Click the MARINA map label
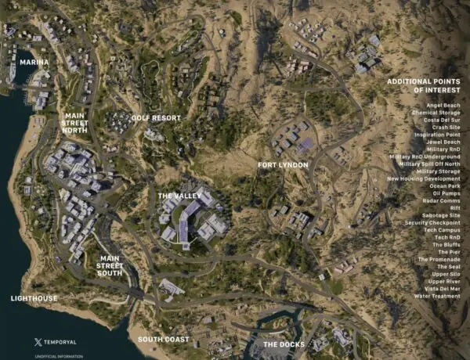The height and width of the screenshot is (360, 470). pos(34,62)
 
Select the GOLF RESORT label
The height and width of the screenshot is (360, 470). pos(156,118)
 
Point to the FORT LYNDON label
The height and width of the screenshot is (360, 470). pos(283,165)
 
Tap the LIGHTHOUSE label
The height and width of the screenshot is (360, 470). pos(34,298)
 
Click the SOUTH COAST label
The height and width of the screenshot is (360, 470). pos(163,340)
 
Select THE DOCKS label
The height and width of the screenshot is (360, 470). pos(282,344)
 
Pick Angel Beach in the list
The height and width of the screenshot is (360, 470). pos(443,104)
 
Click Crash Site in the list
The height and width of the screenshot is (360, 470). pos(446,127)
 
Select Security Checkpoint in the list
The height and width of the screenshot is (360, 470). pos(431,223)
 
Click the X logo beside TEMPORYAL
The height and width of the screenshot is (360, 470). pos(38,342)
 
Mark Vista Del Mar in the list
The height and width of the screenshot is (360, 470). pos(442,289)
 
